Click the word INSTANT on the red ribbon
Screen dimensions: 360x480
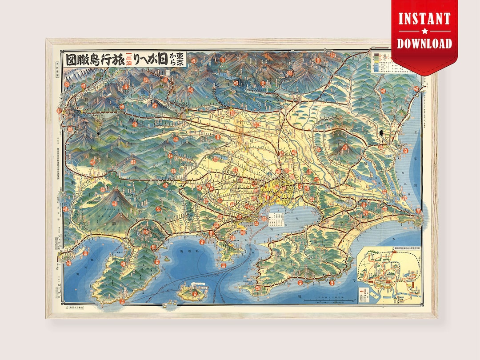[x=424, y=19]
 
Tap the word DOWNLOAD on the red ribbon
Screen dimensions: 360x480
[x=424, y=43]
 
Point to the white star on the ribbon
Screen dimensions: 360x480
[x=424, y=31]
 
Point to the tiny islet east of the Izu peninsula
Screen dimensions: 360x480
[x=164, y=258]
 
